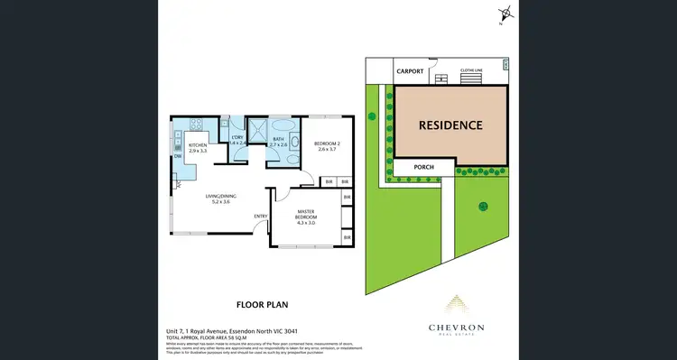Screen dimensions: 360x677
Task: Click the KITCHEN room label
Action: pos(198,145)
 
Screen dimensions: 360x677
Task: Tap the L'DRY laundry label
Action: pos(237,137)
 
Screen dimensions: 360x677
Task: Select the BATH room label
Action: pos(279,138)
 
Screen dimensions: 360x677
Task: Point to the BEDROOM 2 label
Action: pos(327,144)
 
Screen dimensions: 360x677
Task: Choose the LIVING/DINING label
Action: pos(220,197)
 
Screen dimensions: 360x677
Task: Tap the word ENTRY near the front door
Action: pos(260,216)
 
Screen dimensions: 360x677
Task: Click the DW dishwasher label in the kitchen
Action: pos(178,156)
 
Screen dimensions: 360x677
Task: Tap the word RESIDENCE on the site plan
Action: pos(450,125)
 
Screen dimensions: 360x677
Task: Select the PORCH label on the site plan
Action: pos(424,167)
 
